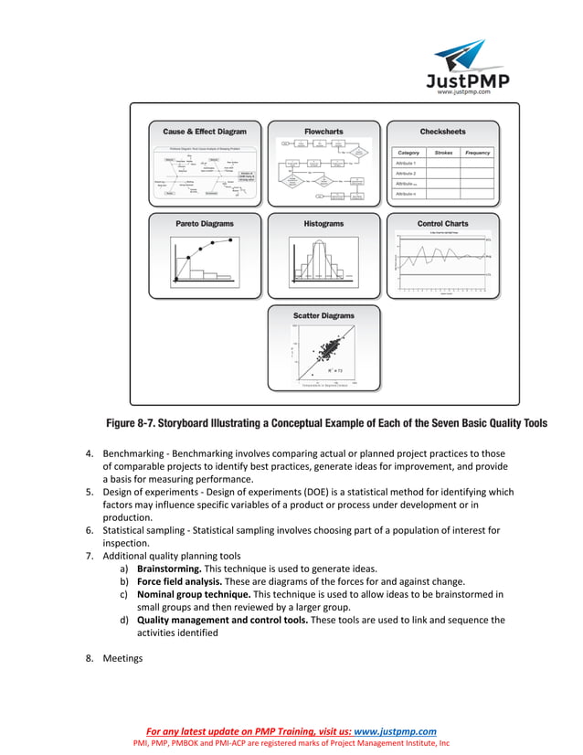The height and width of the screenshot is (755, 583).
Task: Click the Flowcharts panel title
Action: pos(323,132)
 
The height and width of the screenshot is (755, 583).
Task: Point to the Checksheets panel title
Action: pos(442,132)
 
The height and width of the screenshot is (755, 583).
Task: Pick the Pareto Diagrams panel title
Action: pos(205,223)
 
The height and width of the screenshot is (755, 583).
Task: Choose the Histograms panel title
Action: pos(323,223)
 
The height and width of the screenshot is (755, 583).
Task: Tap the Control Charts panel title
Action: pos(442,223)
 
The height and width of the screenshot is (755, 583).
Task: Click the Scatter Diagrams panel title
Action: pos(323,315)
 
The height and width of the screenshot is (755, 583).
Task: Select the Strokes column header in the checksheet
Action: pos(443,153)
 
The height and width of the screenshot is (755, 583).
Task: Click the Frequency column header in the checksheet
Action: pos(477,153)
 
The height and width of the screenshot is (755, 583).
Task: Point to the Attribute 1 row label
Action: pos(405,163)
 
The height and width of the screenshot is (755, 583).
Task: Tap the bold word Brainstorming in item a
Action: pos(168,568)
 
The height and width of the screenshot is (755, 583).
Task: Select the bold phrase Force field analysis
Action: pos(179,580)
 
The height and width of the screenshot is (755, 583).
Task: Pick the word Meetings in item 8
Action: pos(122,657)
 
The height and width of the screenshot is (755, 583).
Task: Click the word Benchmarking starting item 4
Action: pos(131,453)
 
